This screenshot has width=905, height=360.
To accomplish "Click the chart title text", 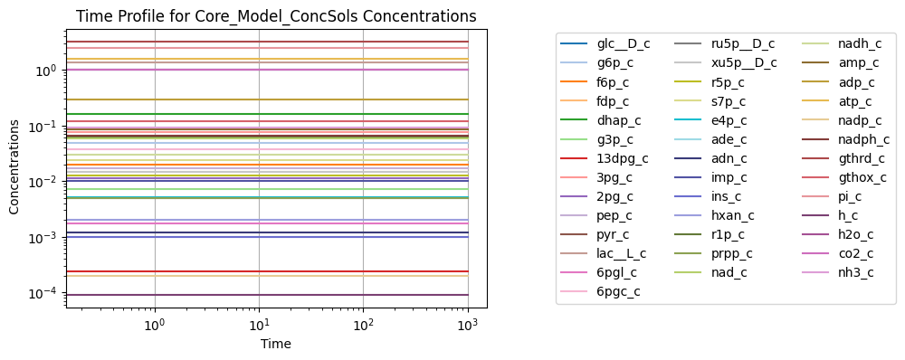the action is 276,16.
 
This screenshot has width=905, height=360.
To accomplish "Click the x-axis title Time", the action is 276,344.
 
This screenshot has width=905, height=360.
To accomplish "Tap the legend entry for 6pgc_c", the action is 600,291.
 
